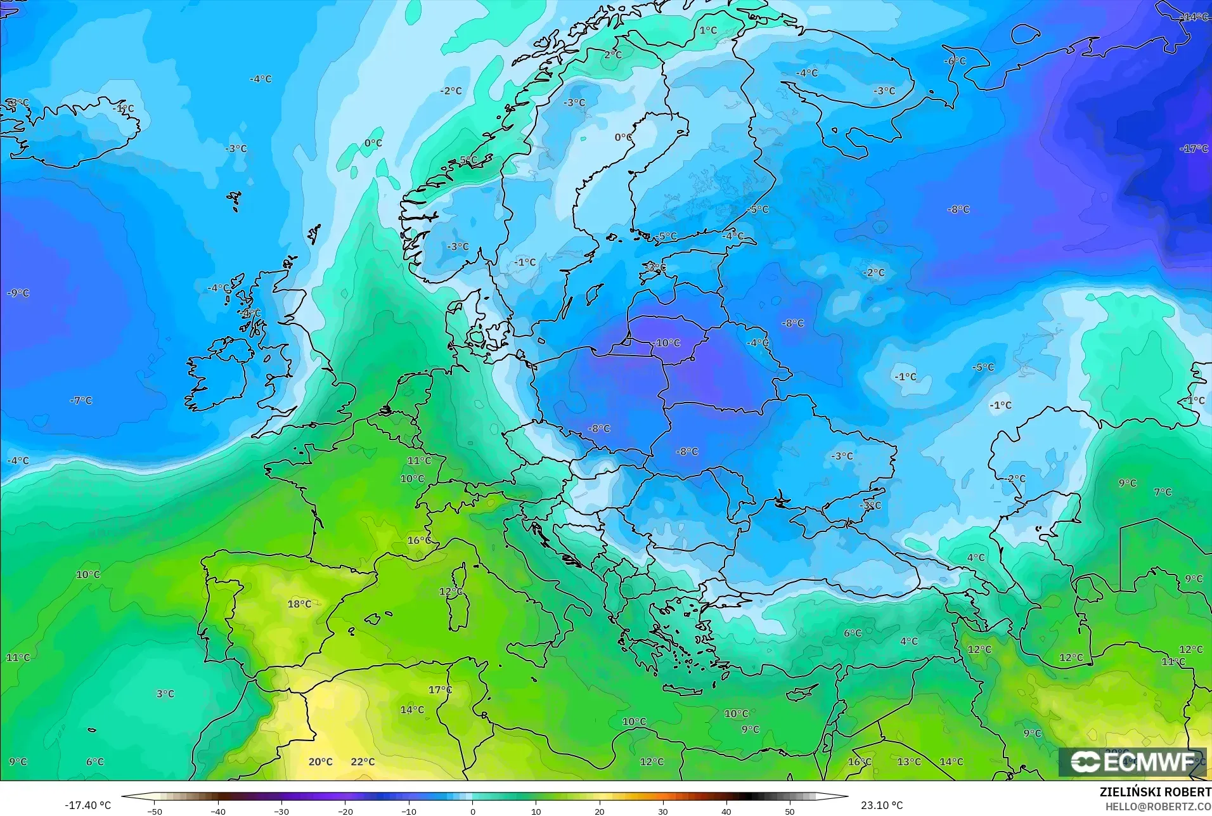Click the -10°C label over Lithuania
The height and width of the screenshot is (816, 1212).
pos(667,343)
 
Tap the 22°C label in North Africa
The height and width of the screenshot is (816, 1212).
pos(363,761)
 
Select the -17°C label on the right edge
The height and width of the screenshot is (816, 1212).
pos(1194,148)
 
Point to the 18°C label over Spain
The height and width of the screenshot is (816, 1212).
pos(299,604)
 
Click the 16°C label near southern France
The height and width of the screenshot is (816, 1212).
pos(419,540)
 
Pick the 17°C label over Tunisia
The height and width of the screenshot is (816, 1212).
pos(440,690)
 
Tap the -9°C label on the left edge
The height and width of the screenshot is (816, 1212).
pos(18,293)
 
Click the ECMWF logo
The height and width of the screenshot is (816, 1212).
pos(1132,762)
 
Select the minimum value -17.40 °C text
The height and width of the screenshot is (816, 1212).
pos(87,805)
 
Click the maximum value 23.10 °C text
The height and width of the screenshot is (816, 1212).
pos(882,805)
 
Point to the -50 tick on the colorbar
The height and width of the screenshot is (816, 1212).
pos(155,812)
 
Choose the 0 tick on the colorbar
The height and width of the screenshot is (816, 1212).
pos(472,812)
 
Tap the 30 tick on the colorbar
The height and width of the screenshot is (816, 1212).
pos(663,812)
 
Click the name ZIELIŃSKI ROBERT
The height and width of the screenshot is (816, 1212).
pos(1155,793)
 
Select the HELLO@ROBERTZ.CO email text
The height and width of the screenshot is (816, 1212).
pos(1158,806)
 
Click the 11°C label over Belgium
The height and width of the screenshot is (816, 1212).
pos(419,460)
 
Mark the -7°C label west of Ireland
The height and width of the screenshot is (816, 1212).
pos(81,401)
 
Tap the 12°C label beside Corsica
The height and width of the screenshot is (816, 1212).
pos(451,591)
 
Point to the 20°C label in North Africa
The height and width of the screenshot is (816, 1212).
pos(320,761)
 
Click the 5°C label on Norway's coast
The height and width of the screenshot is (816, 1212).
pos(468,160)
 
